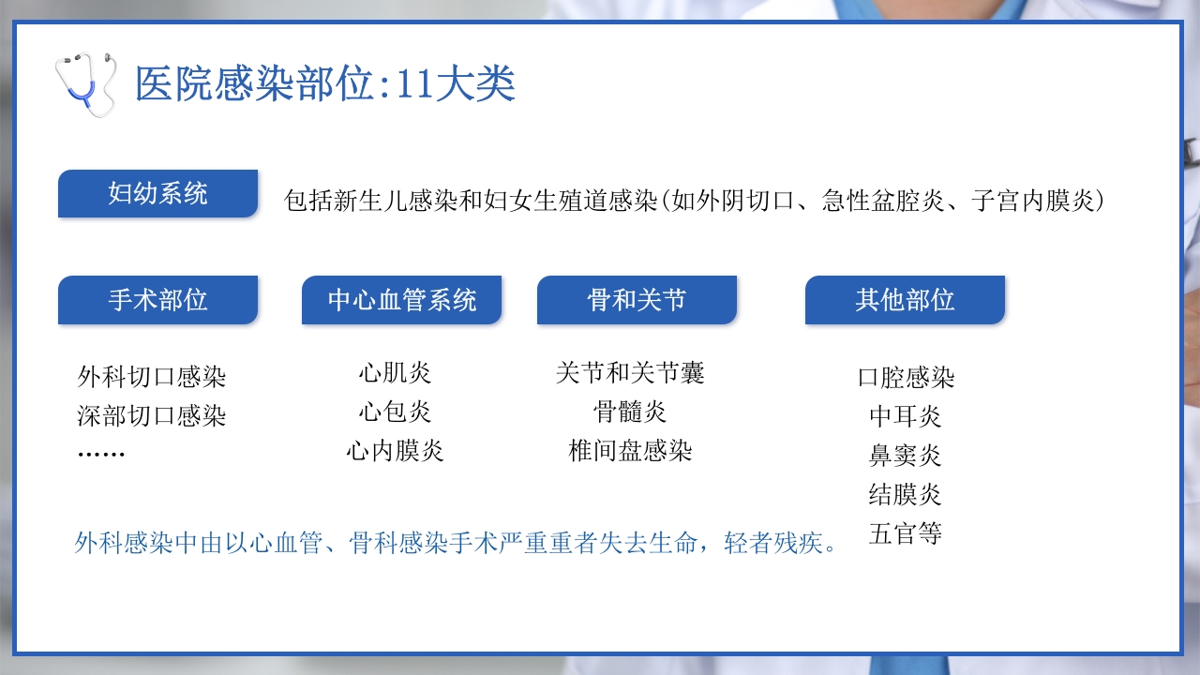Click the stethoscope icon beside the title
point(85,83)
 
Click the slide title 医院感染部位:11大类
point(324,84)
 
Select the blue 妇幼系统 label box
point(157,194)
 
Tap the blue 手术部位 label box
point(157,300)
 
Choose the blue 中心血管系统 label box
point(401,300)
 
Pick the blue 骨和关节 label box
point(637,300)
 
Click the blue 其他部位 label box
point(905,300)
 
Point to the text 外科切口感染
point(152,378)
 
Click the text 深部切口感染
point(152,415)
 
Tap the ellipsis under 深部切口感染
point(101,454)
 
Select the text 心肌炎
point(395,373)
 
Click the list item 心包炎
point(395,412)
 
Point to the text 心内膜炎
point(395,451)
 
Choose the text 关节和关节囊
point(630,373)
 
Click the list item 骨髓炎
point(630,412)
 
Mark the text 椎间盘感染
point(630,451)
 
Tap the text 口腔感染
point(906,378)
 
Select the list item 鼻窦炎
point(906,456)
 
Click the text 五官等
point(906,534)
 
